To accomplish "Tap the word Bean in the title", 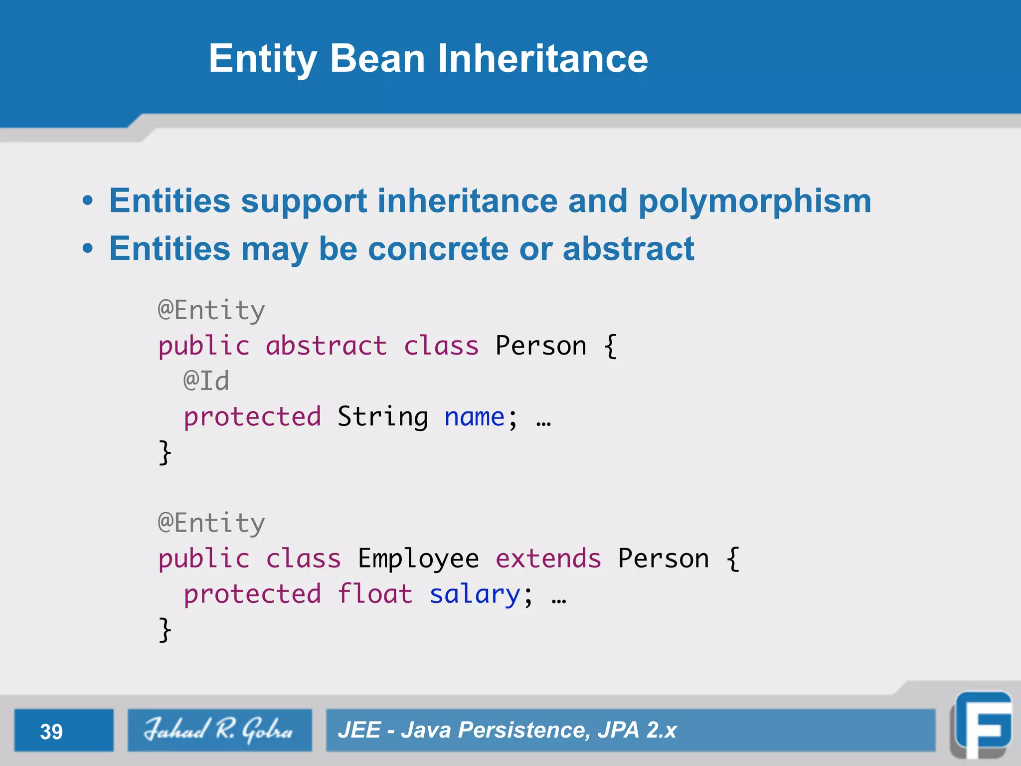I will (377, 59).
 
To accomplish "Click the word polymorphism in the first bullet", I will (754, 201).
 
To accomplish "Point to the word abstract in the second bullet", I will (628, 249).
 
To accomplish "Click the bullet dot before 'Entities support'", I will (88, 201).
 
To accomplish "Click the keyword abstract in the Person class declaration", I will (326, 346).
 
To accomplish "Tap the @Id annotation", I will (206, 381).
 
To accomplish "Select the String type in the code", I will (382, 416).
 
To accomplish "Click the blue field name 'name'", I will (474, 417).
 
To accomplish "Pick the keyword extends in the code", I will (548, 558).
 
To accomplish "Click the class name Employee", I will (418, 559).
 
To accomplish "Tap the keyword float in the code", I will (375, 594).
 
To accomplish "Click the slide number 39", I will (51, 732).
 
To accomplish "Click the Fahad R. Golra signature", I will (219, 730).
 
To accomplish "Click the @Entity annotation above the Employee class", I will (211, 523).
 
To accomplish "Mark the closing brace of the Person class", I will (165, 452).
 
